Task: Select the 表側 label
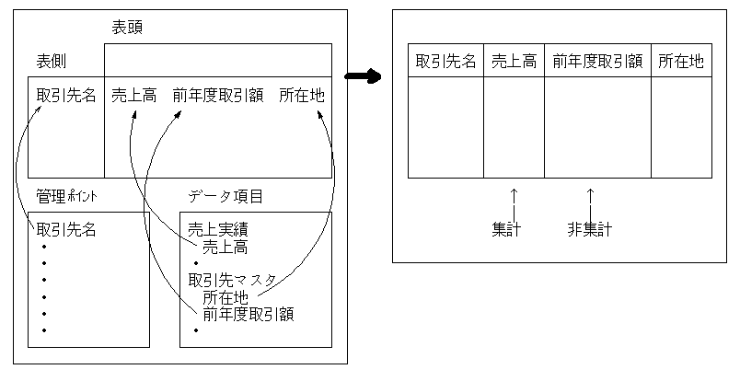(51, 61)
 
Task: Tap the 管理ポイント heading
(66, 196)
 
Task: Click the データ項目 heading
(225, 196)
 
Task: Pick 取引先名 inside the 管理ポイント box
(66, 229)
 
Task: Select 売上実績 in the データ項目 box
(218, 229)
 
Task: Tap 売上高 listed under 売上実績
(225, 247)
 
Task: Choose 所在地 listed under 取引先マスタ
(225, 297)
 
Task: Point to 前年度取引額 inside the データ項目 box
(249, 314)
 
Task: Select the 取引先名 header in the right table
(446, 62)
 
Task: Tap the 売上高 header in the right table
(514, 62)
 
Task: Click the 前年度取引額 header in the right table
(597, 62)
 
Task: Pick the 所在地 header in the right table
(681, 62)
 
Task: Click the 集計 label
(507, 229)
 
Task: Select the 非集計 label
(590, 229)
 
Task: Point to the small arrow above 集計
(514, 196)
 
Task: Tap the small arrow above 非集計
(590, 196)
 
